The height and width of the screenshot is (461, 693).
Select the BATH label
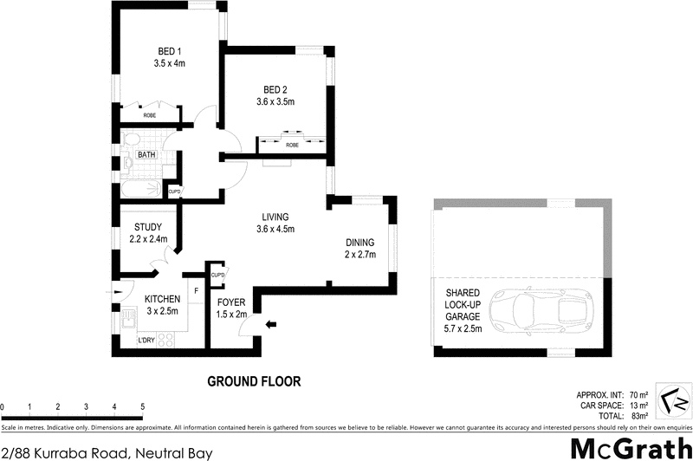(x=146, y=154)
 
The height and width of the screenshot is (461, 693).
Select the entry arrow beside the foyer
(x=272, y=325)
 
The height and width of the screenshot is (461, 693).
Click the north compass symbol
(x=673, y=400)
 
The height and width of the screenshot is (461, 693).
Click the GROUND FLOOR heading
(x=253, y=380)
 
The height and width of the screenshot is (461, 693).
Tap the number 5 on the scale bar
(x=142, y=406)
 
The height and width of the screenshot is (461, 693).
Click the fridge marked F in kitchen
(x=197, y=290)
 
